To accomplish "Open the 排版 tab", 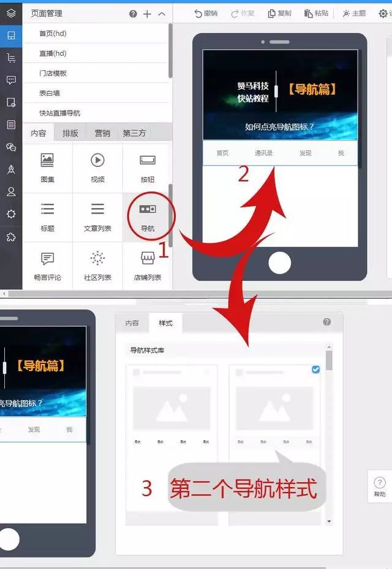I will (70, 133).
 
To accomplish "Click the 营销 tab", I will (102, 133).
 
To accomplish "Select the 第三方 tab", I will (134, 133).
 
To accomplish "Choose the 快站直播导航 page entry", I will (59, 113).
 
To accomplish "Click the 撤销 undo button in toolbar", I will (206, 13).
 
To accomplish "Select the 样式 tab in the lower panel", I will (165, 323).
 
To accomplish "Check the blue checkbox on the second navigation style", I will (315, 370).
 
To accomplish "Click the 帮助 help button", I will (380, 486).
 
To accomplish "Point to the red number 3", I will (146, 488).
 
